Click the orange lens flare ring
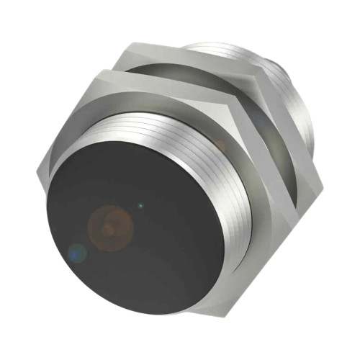[x=110, y=226]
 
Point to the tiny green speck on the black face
[x=140, y=207]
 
